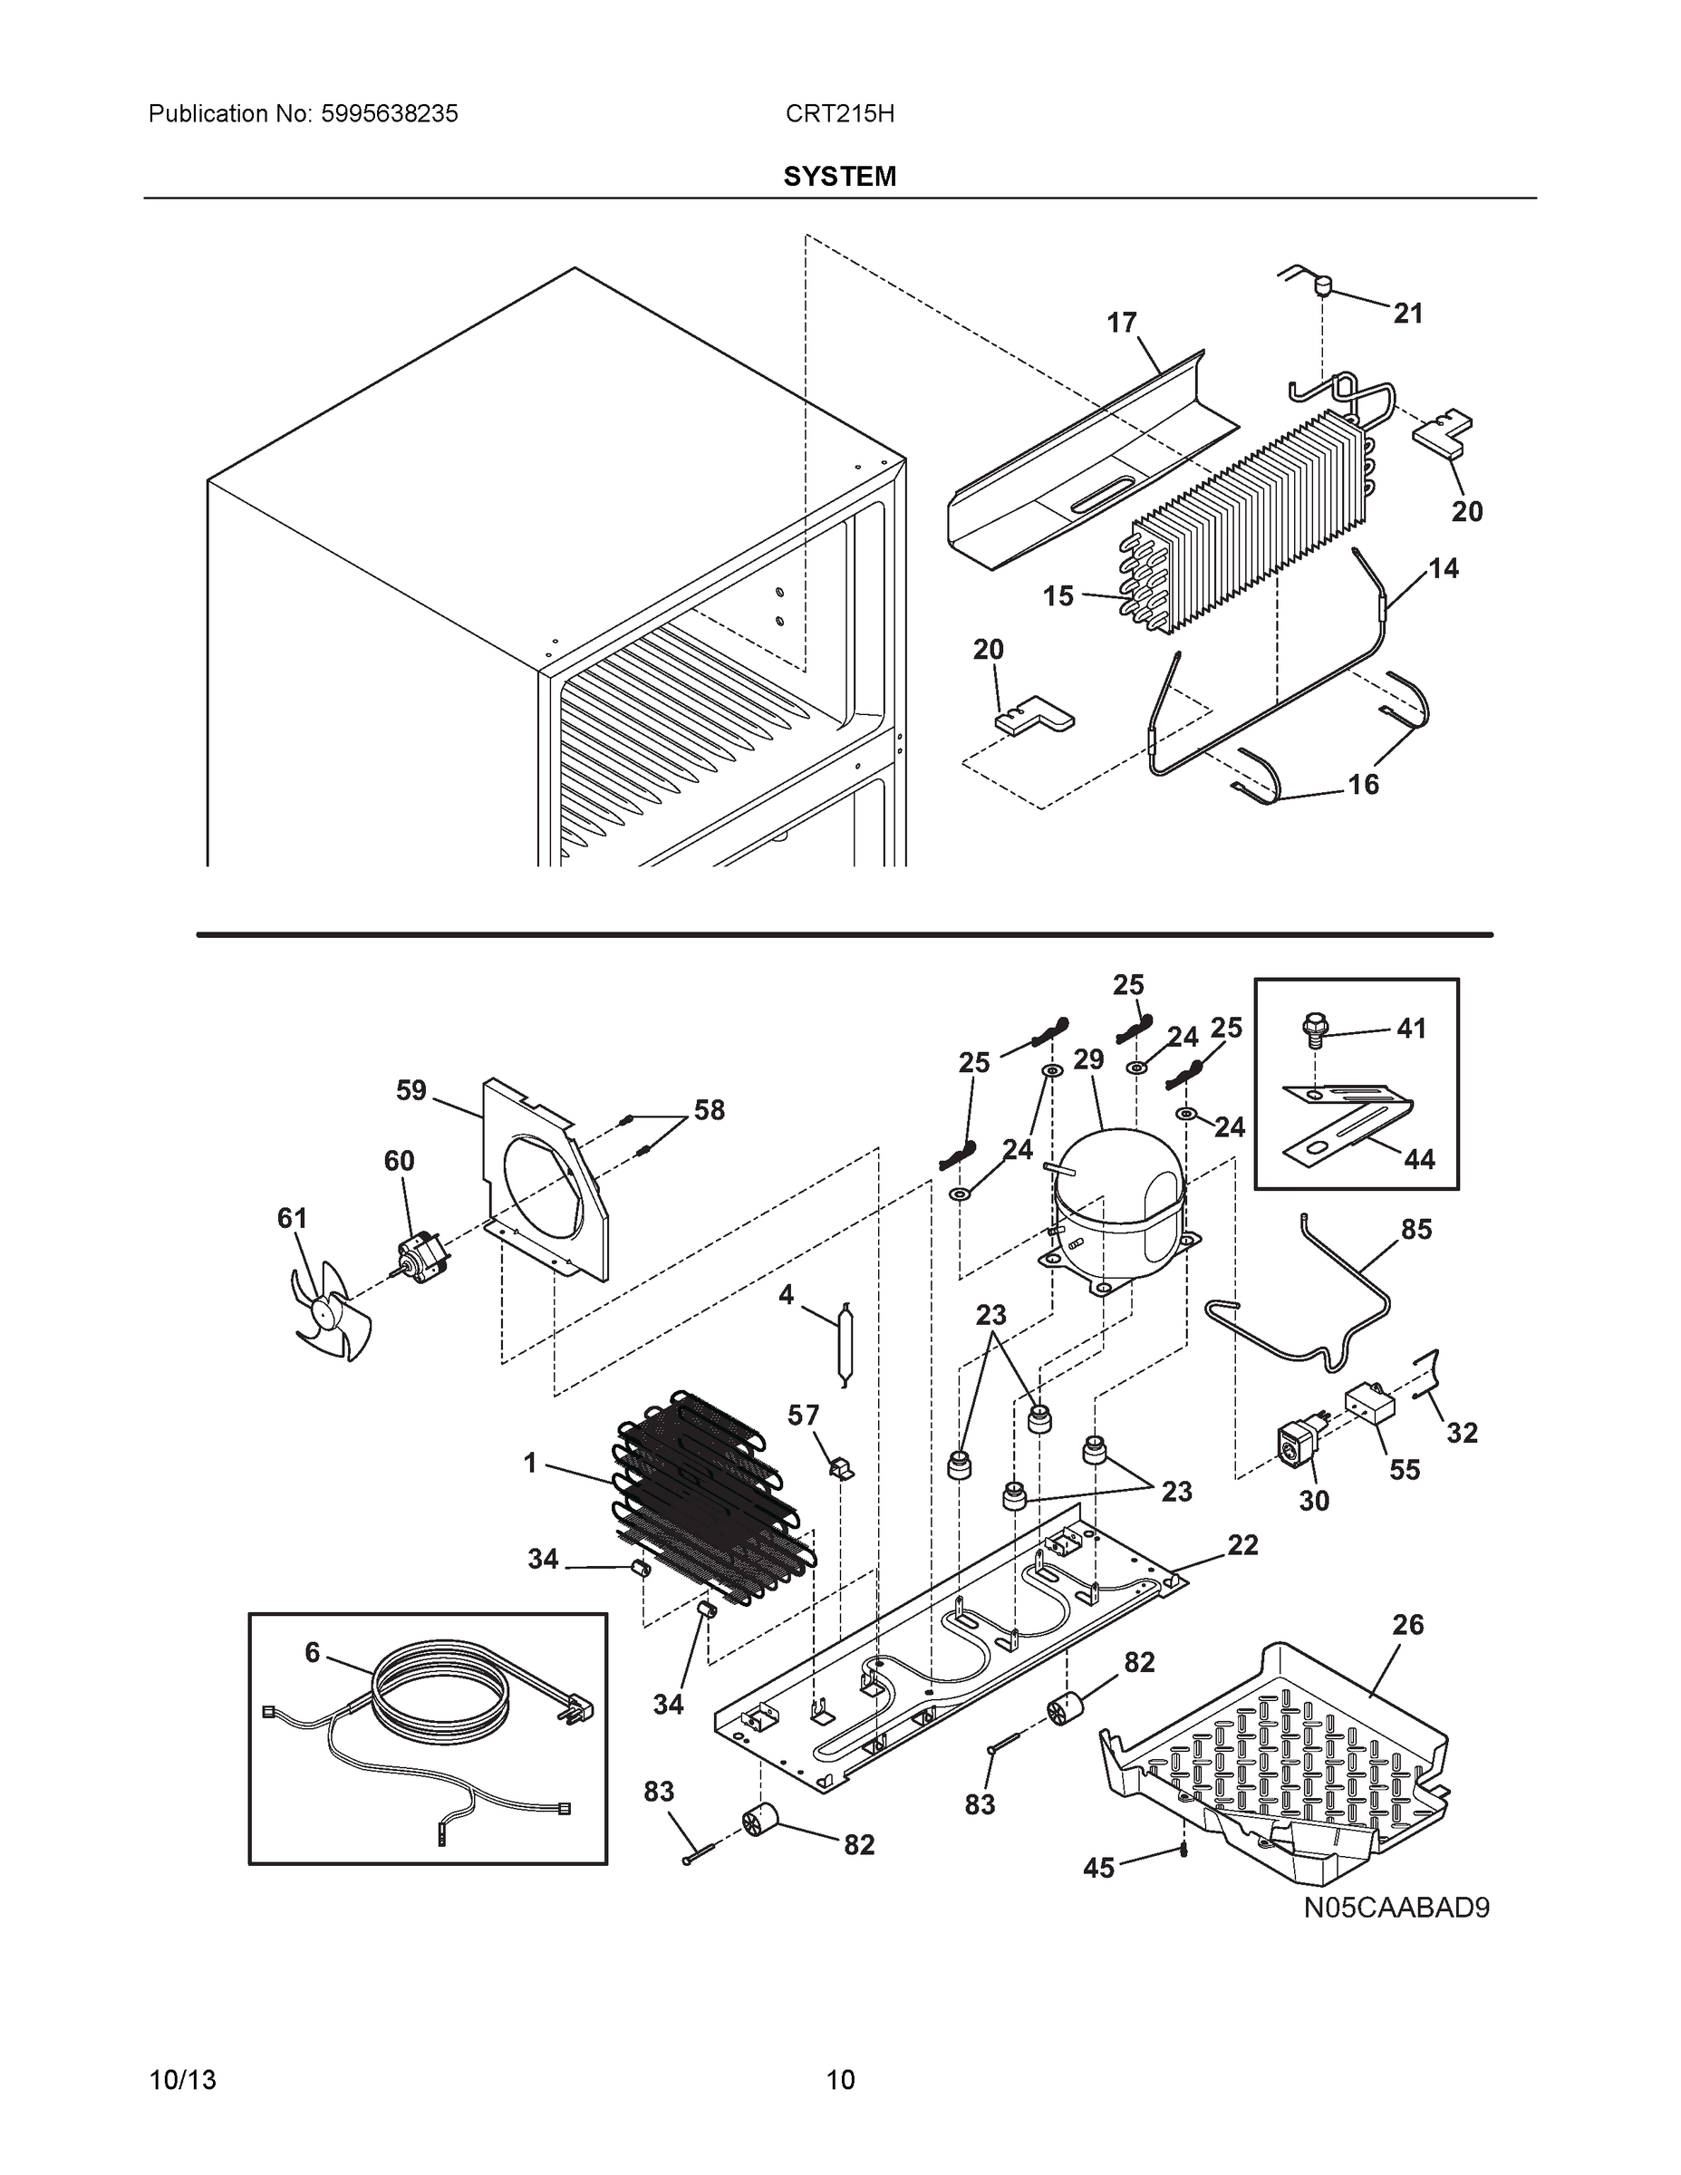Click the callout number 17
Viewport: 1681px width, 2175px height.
pyautogui.click(x=1121, y=323)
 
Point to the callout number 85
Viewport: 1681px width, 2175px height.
pyautogui.click(x=1416, y=1230)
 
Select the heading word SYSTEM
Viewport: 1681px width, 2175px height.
pyautogui.click(x=839, y=177)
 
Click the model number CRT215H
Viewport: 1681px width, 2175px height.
pyautogui.click(x=839, y=113)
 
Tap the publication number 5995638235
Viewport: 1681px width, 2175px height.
pyautogui.click(x=390, y=113)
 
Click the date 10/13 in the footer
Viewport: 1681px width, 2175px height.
pyautogui.click(x=182, y=2080)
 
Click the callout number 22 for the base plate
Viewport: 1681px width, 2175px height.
pyautogui.click(x=1242, y=1544)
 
